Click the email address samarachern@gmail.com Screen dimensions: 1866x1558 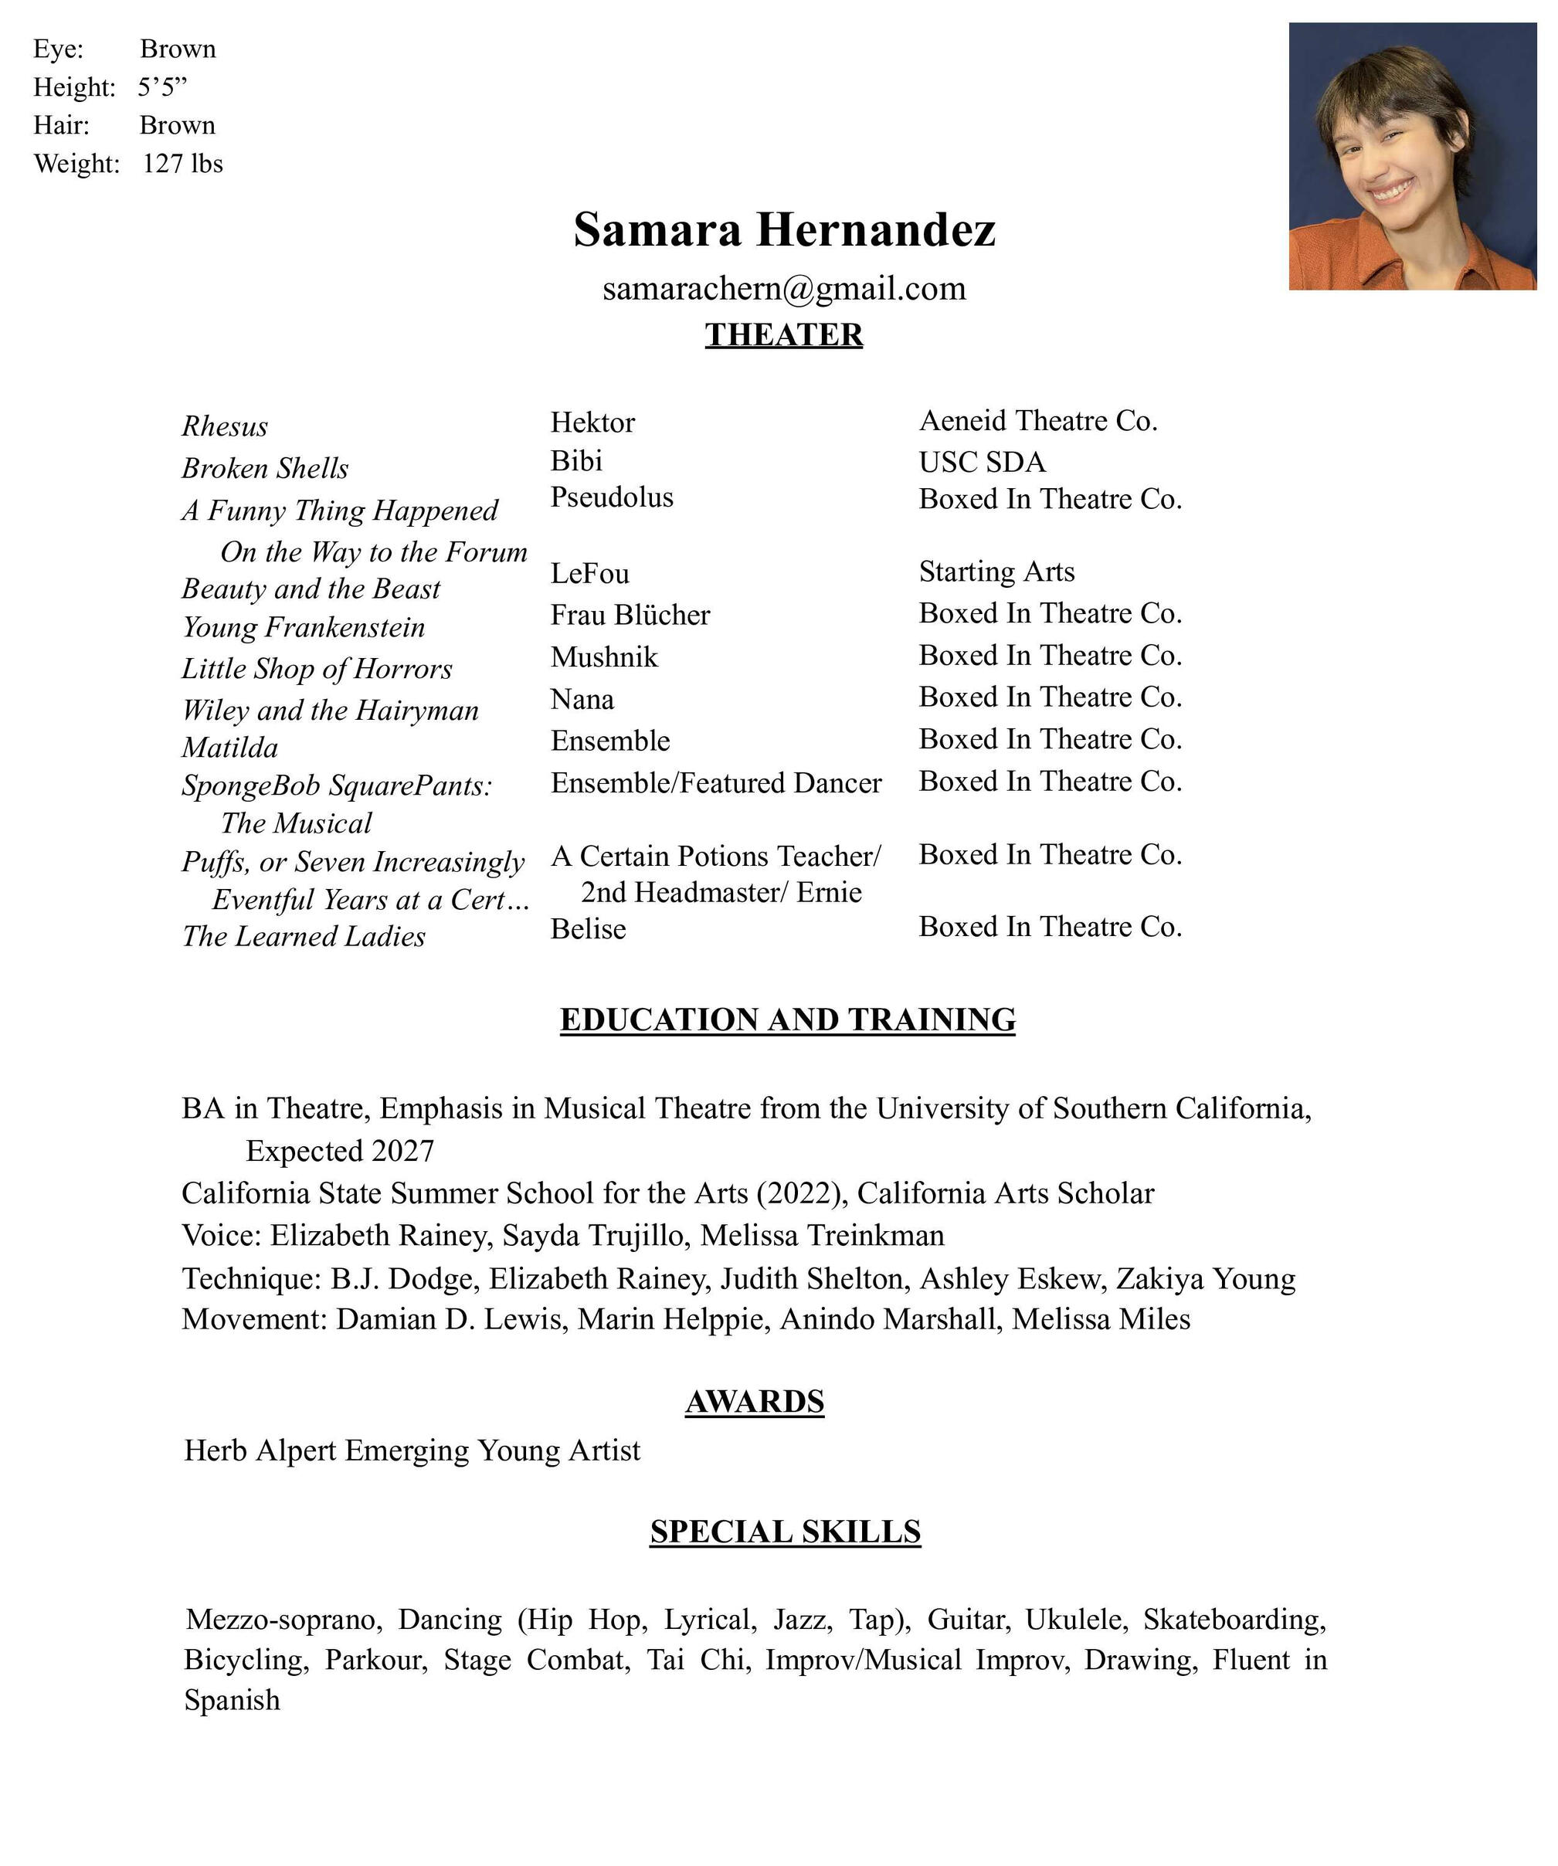coord(783,289)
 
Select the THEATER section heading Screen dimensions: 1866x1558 coord(783,335)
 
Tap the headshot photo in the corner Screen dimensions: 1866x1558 coord(1411,156)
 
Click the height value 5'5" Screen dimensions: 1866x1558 coord(163,87)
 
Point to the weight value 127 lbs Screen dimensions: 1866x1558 coord(182,164)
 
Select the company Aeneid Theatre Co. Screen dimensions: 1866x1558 coord(1037,420)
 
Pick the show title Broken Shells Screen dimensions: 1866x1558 coord(265,468)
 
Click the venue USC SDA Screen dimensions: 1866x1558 coord(982,462)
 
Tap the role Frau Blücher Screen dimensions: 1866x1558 coord(630,615)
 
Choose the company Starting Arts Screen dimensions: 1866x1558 coord(996,572)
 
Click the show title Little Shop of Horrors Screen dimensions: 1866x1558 coord(317,668)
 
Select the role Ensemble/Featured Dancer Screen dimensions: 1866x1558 coord(715,783)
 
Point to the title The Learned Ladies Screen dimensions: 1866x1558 coord(303,937)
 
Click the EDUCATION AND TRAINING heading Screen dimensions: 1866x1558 coord(786,1020)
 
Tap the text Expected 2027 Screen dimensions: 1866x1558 coord(340,1151)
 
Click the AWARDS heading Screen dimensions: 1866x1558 coord(754,1401)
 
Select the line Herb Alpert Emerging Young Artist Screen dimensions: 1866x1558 coord(412,1450)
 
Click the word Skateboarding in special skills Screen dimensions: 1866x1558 coord(1234,1619)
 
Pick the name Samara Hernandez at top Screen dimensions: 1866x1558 coord(783,229)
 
